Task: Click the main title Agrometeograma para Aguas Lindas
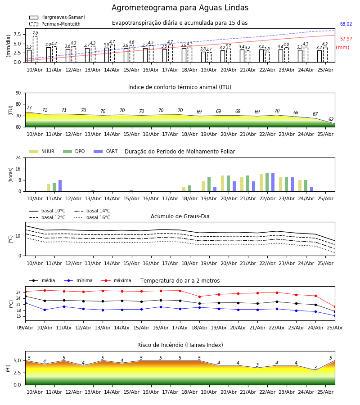(180, 8)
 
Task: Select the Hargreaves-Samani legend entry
(57, 17)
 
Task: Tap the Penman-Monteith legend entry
(55, 24)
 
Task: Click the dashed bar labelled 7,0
(35, 49)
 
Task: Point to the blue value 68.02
(346, 24)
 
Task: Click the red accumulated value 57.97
(346, 39)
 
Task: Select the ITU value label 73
(29, 108)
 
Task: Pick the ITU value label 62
(331, 119)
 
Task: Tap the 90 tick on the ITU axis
(18, 93)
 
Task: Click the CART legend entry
(106, 151)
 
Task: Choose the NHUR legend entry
(42, 151)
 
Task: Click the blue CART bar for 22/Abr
(273, 182)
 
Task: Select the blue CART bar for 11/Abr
(60, 186)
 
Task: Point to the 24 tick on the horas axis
(18, 157)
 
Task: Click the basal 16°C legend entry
(92, 217)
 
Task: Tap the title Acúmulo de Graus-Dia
(180, 216)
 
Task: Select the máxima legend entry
(116, 280)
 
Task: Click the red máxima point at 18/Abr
(199, 297)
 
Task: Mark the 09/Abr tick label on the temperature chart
(25, 328)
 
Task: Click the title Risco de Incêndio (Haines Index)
(180, 345)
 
